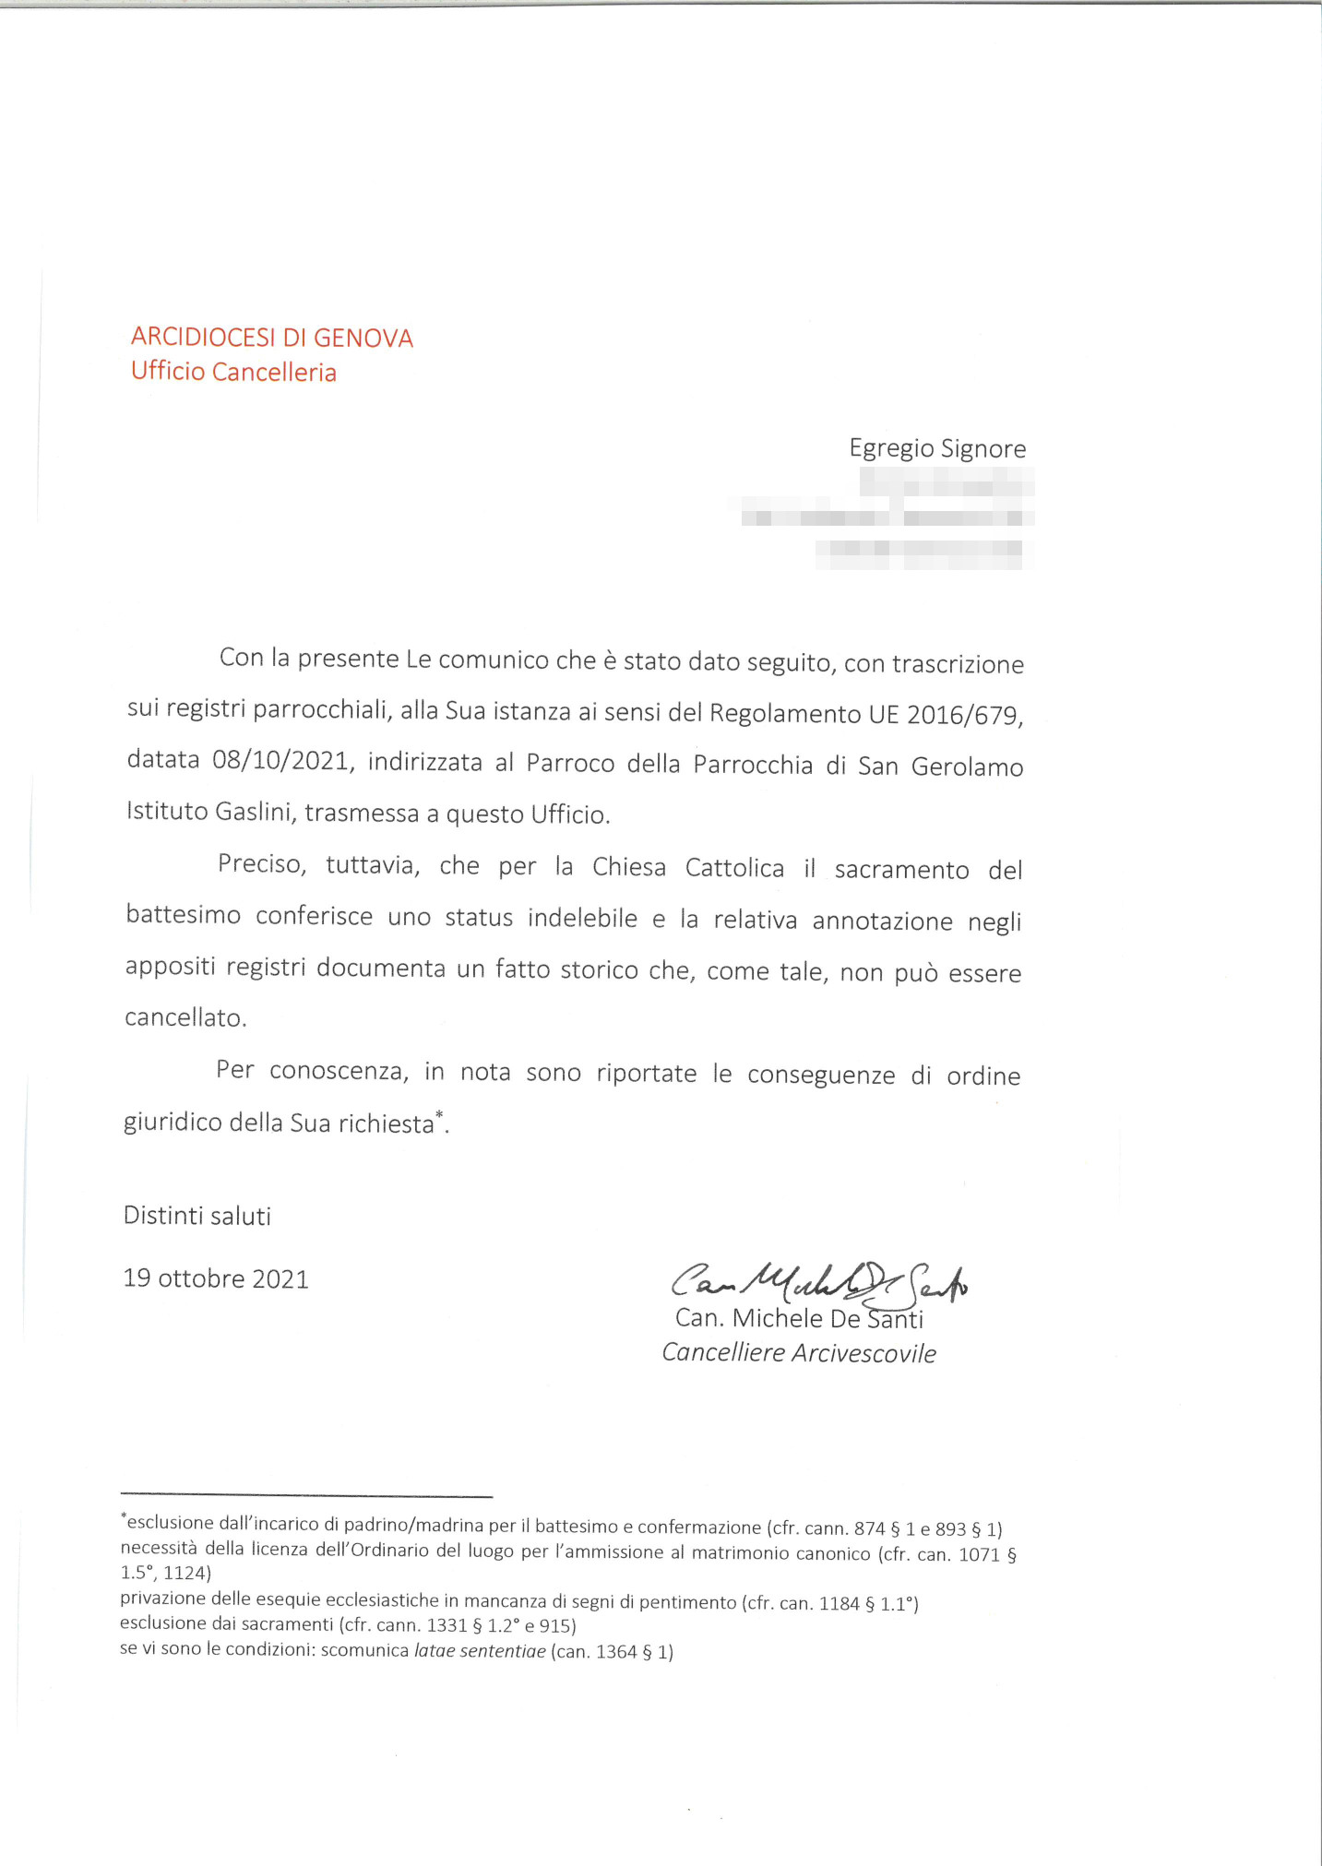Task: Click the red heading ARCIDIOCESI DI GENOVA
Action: tap(271, 338)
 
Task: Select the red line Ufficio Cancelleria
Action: tap(233, 372)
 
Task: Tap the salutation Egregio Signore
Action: tap(937, 449)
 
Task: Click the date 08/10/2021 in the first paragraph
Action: tap(281, 761)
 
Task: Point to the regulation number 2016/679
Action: tap(964, 715)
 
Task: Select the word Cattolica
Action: tap(734, 868)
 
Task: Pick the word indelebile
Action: tap(582, 919)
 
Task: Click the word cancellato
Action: tap(185, 1018)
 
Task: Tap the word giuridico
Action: tap(173, 1123)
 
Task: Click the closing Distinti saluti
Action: tap(197, 1216)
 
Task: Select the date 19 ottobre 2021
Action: tap(216, 1278)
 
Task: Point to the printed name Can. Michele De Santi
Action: tap(799, 1319)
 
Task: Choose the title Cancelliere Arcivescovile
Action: tap(799, 1353)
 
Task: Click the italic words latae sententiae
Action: tap(480, 1651)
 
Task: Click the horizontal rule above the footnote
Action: tap(306, 1496)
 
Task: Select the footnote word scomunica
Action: tap(364, 1650)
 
